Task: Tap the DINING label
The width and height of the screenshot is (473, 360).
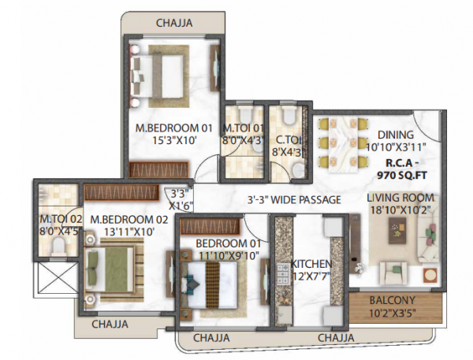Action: pos(394,135)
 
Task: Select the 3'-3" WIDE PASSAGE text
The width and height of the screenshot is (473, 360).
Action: pos(293,200)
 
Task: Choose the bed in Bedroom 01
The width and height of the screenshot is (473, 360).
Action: pos(211,280)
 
